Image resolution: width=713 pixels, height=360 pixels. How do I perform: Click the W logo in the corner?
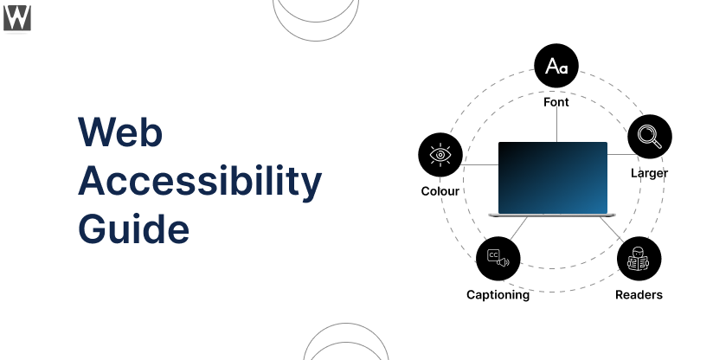click(17, 18)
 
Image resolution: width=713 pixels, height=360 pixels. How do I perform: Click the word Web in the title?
click(120, 132)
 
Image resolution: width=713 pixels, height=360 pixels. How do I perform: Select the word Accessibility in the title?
click(200, 182)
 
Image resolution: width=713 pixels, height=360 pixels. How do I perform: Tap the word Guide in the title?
click(133, 228)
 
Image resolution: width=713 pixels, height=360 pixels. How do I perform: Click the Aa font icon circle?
click(556, 66)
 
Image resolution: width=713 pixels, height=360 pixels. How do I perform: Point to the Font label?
click(556, 102)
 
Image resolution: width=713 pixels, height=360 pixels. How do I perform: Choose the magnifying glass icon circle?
click(650, 137)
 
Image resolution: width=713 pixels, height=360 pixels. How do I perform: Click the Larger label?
click(649, 173)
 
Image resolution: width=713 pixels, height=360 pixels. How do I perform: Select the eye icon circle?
click(440, 155)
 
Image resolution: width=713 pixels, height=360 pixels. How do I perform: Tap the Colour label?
click(440, 191)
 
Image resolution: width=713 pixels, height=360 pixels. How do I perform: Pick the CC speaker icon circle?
click(498, 259)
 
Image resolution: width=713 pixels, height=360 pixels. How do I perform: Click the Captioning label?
click(498, 295)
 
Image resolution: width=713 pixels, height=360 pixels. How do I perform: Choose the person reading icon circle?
click(639, 259)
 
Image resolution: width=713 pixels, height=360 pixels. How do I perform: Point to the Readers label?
click(639, 295)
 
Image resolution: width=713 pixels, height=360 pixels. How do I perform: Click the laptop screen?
click(553, 177)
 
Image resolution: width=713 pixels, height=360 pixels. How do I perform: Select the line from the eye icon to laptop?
click(480, 164)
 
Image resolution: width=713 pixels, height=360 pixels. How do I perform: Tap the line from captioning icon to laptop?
click(518, 228)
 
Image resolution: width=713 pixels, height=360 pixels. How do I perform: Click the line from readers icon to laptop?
click(612, 228)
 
